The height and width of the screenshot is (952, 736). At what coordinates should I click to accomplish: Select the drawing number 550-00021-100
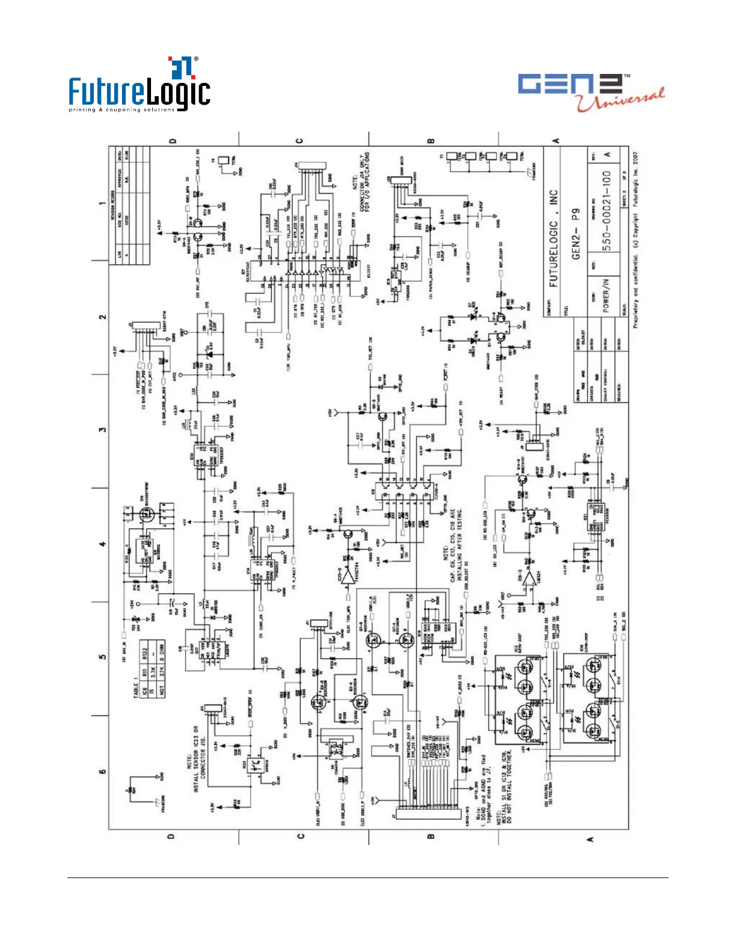click(x=607, y=211)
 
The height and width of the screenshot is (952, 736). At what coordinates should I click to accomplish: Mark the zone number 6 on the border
click(x=102, y=772)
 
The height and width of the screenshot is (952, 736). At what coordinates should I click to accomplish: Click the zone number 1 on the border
click(x=102, y=203)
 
